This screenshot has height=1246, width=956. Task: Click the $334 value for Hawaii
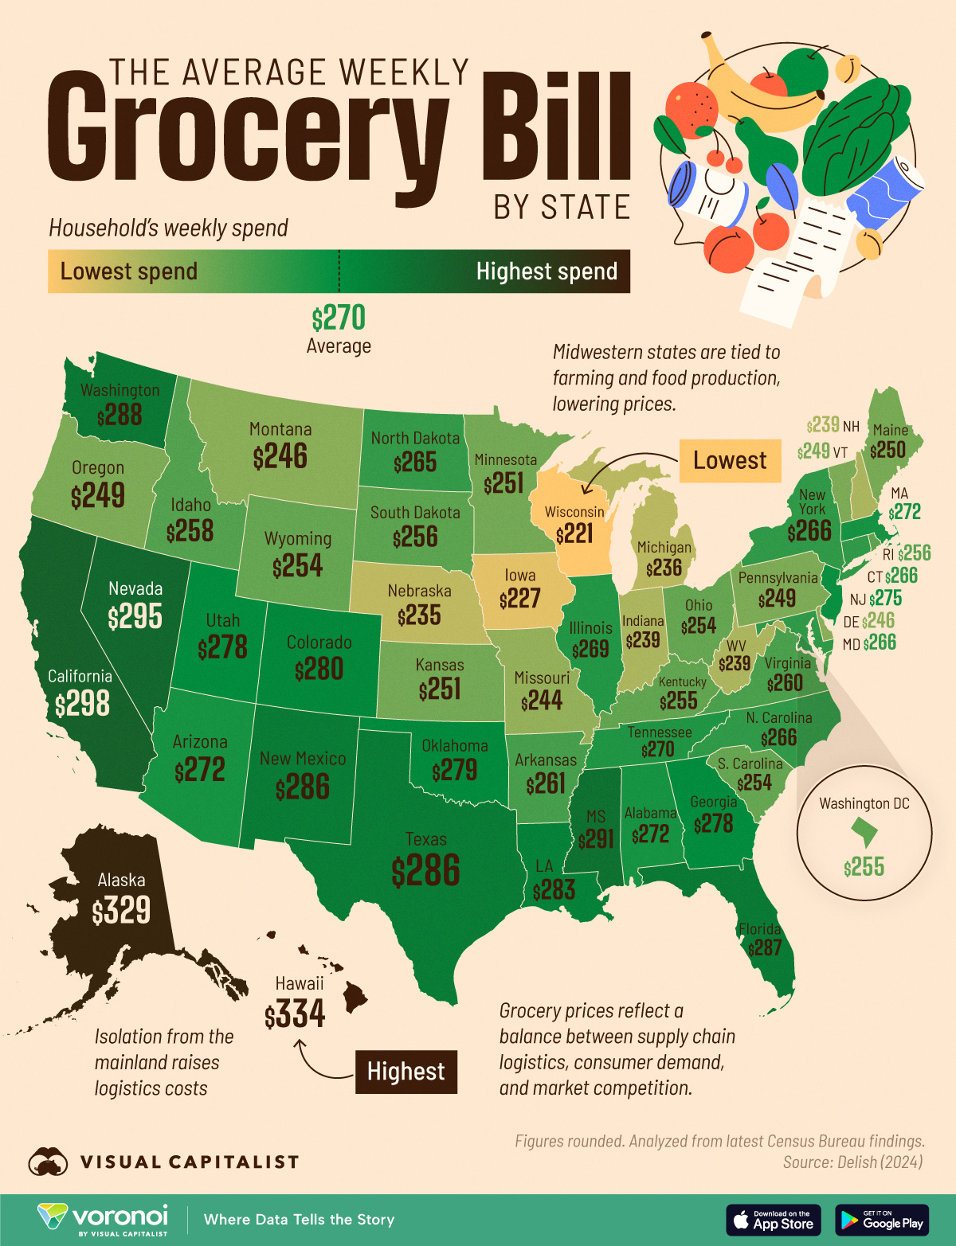tap(295, 1014)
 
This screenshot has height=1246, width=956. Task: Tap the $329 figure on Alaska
tap(121, 910)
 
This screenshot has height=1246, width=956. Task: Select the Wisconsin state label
tap(574, 511)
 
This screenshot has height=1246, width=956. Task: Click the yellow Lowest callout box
tap(729, 460)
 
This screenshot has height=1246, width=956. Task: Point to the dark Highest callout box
tap(406, 1072)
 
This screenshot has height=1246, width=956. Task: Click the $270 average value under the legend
tap(339, 318)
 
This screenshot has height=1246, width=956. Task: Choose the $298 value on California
tap(82, 704)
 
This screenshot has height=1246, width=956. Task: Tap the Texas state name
tap(426, 839)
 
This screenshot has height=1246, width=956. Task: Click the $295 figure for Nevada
tap(135, 616)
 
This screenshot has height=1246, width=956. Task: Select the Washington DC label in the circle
tap(864, 803)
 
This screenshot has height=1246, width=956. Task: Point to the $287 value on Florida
tap(764, 947)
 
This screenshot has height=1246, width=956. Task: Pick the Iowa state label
tap(520, 575)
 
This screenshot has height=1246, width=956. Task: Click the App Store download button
tap(773, 1220)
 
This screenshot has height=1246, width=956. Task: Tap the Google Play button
tap(882, 1220)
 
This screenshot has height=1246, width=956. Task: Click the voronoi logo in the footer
tap(104, 1219)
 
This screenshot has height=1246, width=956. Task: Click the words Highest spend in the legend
tap(547, 271)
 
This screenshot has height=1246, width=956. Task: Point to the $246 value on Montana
tap(280, 457)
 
